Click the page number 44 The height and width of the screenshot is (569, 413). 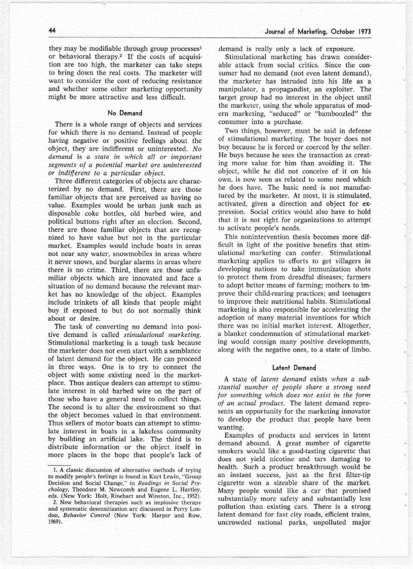click(x=52, y=31)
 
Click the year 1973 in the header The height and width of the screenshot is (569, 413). click(x=362, y=32)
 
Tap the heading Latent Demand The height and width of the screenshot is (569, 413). click(x=294, y=367)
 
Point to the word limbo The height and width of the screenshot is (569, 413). click(x=359, y=350)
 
